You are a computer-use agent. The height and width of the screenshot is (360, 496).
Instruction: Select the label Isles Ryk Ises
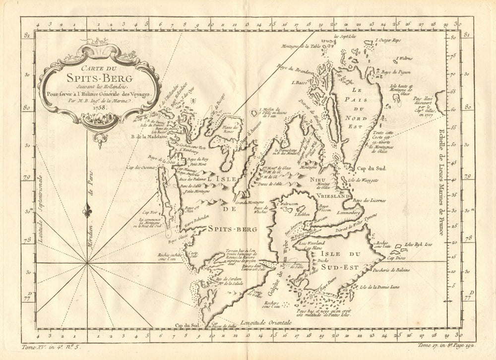click(x=419, y=244)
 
